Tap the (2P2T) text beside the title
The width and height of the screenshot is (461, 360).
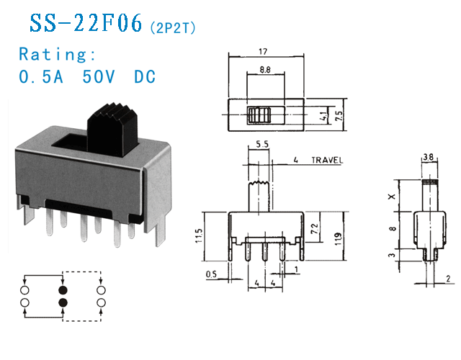point(172,27)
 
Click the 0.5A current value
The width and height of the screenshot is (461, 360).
point(42,76)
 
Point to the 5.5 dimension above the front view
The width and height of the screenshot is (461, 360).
point(261,145)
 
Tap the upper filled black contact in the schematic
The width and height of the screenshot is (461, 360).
point(63,288)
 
